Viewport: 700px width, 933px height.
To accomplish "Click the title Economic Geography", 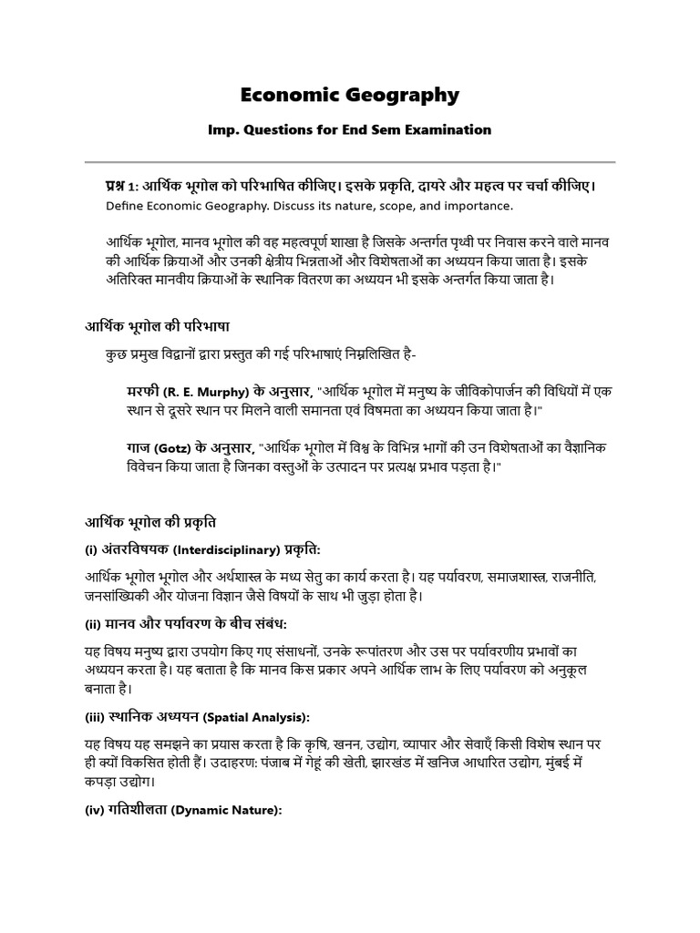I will pos(350,95).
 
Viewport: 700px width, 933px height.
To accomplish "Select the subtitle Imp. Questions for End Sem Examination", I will pos(350,130).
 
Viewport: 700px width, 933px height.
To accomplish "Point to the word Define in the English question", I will pos(126,207).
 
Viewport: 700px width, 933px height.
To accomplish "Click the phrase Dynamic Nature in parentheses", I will pos(232,810).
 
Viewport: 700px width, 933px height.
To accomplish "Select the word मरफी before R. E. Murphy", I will pos(144,392).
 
